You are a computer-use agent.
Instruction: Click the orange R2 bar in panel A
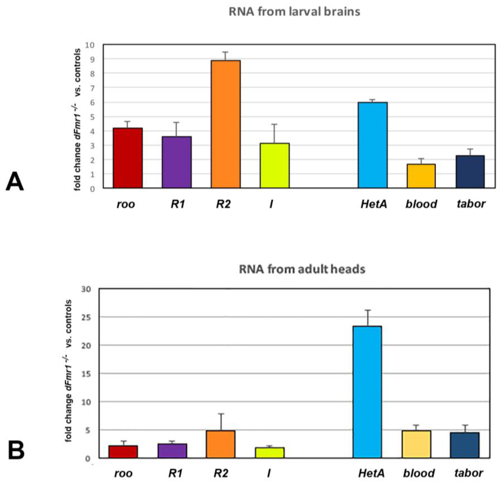[226, 124]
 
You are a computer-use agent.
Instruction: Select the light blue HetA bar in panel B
[367, 392]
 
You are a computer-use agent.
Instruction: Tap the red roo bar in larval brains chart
[128, 158]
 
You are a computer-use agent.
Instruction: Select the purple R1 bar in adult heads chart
[172, 451]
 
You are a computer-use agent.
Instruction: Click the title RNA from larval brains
[294, 12]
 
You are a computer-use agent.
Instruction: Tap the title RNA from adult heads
[302, 269]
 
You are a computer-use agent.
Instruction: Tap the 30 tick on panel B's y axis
[86, 289]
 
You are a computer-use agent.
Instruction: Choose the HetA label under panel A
[373, 204]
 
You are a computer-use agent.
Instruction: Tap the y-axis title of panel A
[78, 120]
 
